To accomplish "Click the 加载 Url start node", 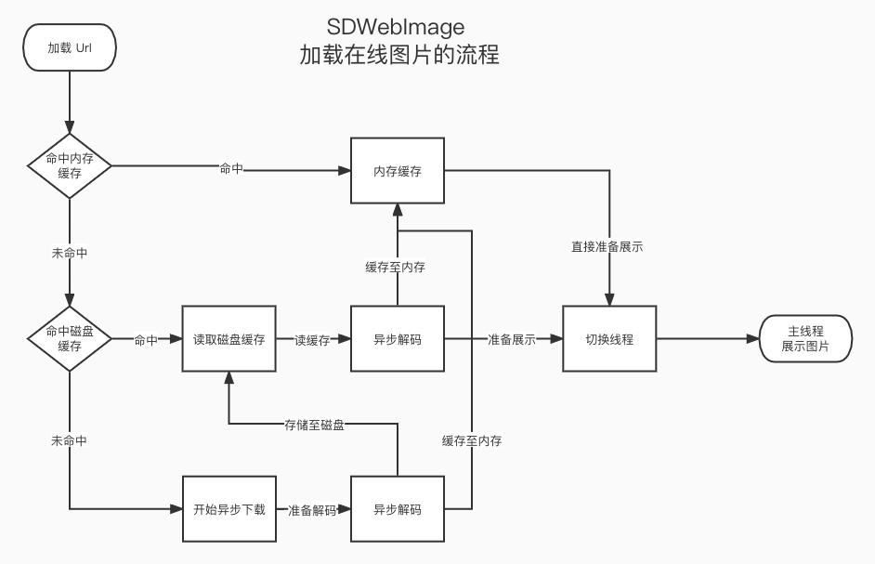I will tap(70, 46).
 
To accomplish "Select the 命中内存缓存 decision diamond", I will tap(70, 166).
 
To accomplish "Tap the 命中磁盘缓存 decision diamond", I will tap(70, 339).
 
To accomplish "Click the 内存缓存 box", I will tap(398, 171).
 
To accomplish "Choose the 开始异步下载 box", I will tap(229, 509).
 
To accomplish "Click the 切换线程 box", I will tap(609, 339).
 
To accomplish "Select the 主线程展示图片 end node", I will tap(804, 339).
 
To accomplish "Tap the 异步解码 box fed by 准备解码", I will tap(398, 509).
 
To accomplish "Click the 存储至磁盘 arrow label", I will tap(314, 425).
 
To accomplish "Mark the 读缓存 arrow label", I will tap(312, 341).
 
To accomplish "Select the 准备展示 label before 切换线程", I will tap(512, 340).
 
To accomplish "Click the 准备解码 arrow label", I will tap(312, 510).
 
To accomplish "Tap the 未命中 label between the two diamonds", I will tap(70, 252).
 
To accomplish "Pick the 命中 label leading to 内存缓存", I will tap(231, 168).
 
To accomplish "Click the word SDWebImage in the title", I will tap(396, 25).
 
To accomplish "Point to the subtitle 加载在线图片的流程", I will tap(398, 55).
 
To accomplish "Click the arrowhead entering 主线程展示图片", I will tap(753, 339).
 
